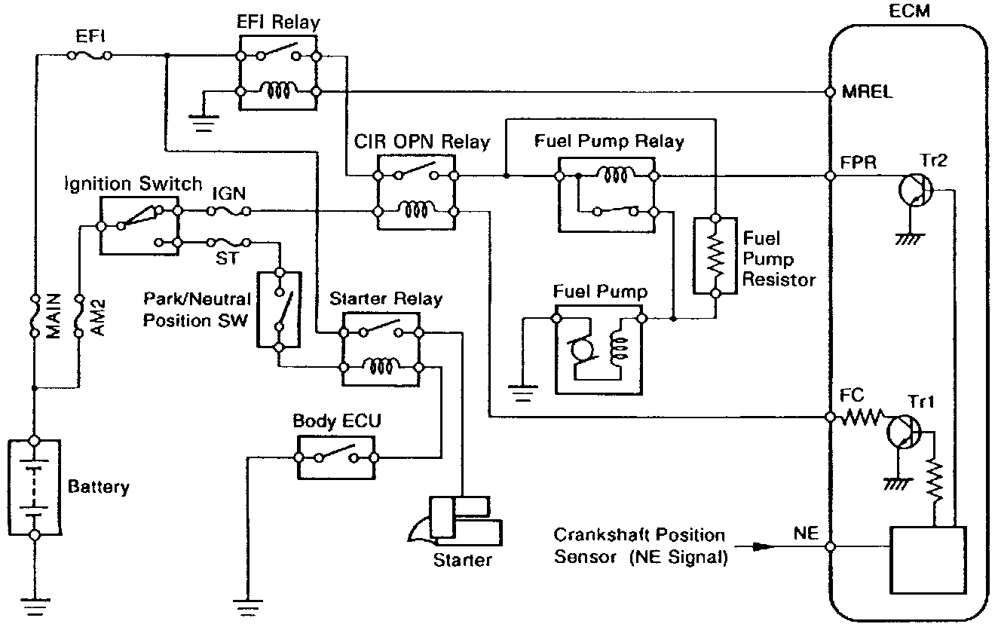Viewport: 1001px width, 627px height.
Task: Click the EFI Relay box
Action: (x=277, y=74)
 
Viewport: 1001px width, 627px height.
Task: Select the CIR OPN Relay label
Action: (x=421, y=142)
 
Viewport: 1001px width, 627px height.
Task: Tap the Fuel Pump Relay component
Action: (x=608, y=192)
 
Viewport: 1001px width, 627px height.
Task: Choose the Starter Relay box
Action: (x=381, y=348)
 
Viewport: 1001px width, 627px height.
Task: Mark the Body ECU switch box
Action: (x=335, y=457)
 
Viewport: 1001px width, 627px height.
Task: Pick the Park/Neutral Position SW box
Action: (x=279, y=309)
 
